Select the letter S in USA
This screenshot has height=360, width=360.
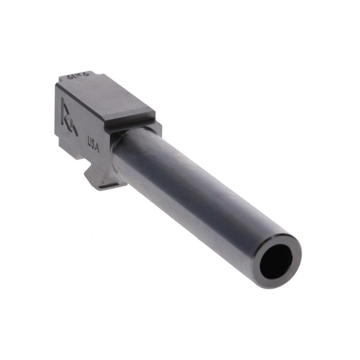click(93, 145)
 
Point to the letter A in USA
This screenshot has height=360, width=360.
click(96, 149)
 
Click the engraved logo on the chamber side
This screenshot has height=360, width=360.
click(68, 116)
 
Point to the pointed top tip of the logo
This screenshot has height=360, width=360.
click(63, 99)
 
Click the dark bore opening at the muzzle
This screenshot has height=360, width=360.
click(276, 261)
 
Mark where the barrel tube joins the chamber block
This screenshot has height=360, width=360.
click(119, 151)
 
